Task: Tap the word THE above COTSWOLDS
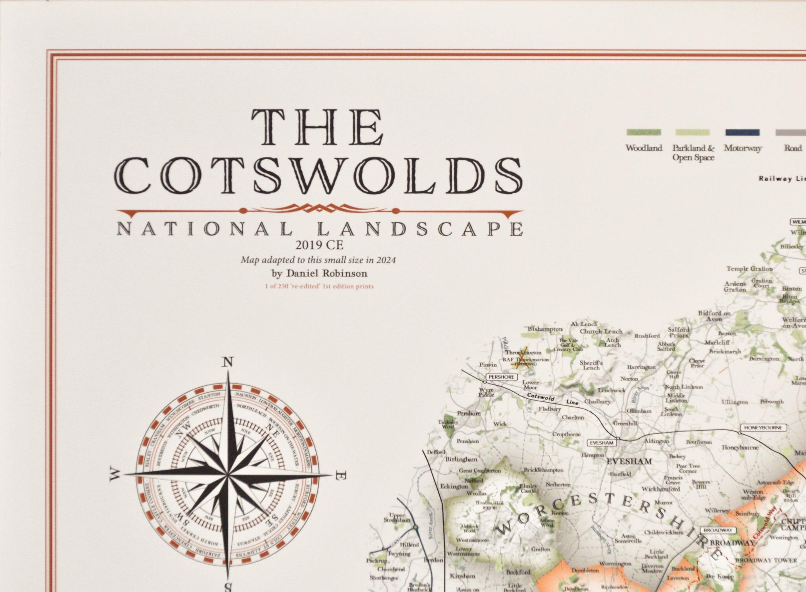[318, 128]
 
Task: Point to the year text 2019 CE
[320, 245]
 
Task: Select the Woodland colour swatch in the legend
[644, 132]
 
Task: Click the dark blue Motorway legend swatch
[743, 132]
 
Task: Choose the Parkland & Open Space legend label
[693, 153]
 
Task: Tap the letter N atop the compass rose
[228, 362]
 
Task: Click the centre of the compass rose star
[228, 475]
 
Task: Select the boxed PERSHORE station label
[501, 377]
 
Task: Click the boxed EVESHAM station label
[601, 443]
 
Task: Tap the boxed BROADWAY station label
[717, 530]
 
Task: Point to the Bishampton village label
[545, 329]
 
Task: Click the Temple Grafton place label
[749, 269]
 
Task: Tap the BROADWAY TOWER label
[766, 560]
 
